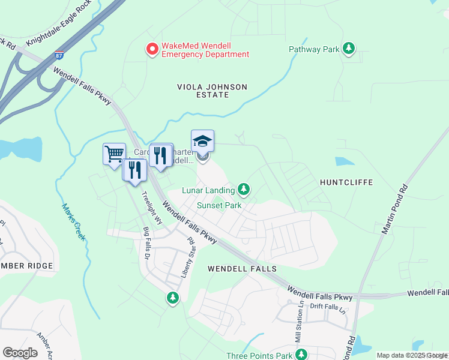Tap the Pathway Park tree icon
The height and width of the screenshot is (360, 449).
pos(349,49)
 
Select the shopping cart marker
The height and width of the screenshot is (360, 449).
pos(113,154)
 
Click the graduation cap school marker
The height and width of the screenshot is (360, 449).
pos(202,142)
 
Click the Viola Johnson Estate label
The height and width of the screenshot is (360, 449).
pos(212,91)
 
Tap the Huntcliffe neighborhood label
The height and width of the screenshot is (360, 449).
pos(346,182)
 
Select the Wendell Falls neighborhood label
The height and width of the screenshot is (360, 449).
pos(242,269)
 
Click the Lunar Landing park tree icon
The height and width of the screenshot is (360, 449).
pos(243,190)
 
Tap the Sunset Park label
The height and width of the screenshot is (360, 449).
pos(220,205)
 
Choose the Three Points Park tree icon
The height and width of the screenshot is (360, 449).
pos(301,355)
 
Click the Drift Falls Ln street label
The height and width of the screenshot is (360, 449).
pos(329,307)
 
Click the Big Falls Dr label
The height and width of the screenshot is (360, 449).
pos(146,243)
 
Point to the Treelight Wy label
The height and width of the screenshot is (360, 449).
pos(152,207)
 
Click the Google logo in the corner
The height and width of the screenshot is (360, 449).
pos(20,353)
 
